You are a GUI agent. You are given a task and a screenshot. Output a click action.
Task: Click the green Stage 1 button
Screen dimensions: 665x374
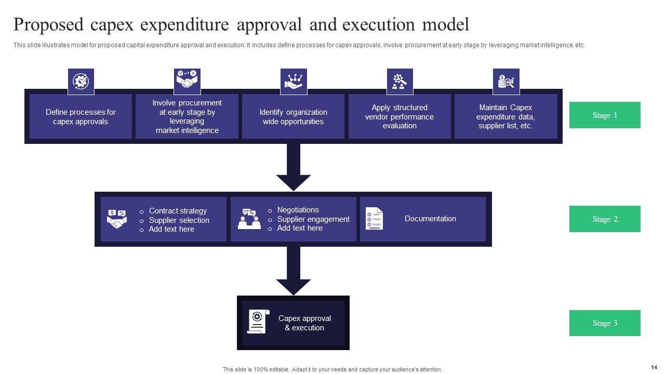(x=605, y=115)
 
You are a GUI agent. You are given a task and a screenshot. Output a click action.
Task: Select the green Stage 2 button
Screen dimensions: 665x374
(x=605, y=219)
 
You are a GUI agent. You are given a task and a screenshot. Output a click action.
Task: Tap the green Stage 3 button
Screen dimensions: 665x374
(x=605, y=323)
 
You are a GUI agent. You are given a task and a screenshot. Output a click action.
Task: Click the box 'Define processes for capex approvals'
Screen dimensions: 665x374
(x=81, y=116)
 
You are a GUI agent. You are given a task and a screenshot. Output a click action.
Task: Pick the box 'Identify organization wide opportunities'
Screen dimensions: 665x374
(x=293, y=116)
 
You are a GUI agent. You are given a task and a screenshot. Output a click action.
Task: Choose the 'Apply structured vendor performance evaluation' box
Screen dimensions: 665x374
(x=399, y=116)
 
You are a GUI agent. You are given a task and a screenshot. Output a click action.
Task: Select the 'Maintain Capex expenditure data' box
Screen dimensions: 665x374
(x=506, y=116)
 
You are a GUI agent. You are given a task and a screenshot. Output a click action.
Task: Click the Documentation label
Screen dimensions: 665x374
(x=430, y=219)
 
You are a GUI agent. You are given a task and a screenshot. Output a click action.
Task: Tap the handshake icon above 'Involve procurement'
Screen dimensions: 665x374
(x=187, y=82)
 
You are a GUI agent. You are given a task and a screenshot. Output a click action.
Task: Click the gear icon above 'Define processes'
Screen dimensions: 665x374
(x=81, y=82)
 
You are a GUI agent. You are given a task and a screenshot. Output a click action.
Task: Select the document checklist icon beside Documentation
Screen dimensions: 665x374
(x=374, y=219)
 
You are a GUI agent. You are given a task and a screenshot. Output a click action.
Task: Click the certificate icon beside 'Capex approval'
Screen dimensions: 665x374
(x=258, y=322)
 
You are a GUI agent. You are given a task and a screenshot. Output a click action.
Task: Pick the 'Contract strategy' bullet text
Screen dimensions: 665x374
(x=178, y=211)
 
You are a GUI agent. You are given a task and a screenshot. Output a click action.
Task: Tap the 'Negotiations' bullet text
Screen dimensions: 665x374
(x=298, y=210)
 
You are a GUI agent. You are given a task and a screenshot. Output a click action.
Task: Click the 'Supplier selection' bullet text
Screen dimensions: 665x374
(x=179, y=220)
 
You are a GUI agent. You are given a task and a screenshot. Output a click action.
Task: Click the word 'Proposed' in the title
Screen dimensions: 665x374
(x=48, y=24)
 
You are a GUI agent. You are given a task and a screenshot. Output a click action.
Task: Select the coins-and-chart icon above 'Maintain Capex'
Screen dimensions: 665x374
(x=506, y=82)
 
